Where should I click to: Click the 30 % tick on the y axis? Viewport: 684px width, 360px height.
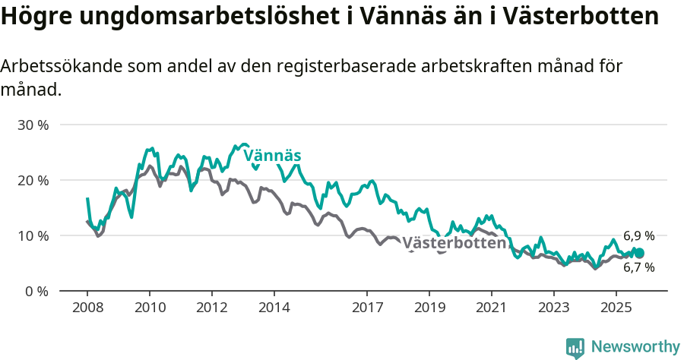pos(32,125)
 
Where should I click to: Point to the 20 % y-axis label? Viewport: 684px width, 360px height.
pos(32,180)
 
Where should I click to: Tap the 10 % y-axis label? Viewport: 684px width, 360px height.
pos(32,235)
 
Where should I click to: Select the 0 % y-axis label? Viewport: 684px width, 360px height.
pos(36,291)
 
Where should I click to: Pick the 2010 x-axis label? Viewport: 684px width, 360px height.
pos(149,308)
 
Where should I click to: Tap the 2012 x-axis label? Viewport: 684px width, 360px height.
pos(211,308)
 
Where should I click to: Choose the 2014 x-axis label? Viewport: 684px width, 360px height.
pos(274,308)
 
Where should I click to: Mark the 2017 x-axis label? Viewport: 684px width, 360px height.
pos(367,308)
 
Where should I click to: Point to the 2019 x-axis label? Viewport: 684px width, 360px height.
pos(429,308)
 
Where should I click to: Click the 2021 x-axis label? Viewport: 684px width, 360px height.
pos(491,308)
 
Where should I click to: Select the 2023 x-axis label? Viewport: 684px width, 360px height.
pos(553,308)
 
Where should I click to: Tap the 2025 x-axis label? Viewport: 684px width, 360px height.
pos(616,308)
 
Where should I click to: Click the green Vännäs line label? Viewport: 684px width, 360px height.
pos(272,155)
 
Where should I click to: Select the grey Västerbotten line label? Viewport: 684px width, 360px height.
pos(454,243)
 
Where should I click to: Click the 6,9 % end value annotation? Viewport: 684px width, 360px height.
pos(638,236)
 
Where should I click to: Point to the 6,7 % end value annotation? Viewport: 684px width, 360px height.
pos(638,267)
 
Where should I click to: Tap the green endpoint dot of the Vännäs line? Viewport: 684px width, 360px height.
pos(639,253)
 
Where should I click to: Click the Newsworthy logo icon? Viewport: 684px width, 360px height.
pos(575,347)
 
